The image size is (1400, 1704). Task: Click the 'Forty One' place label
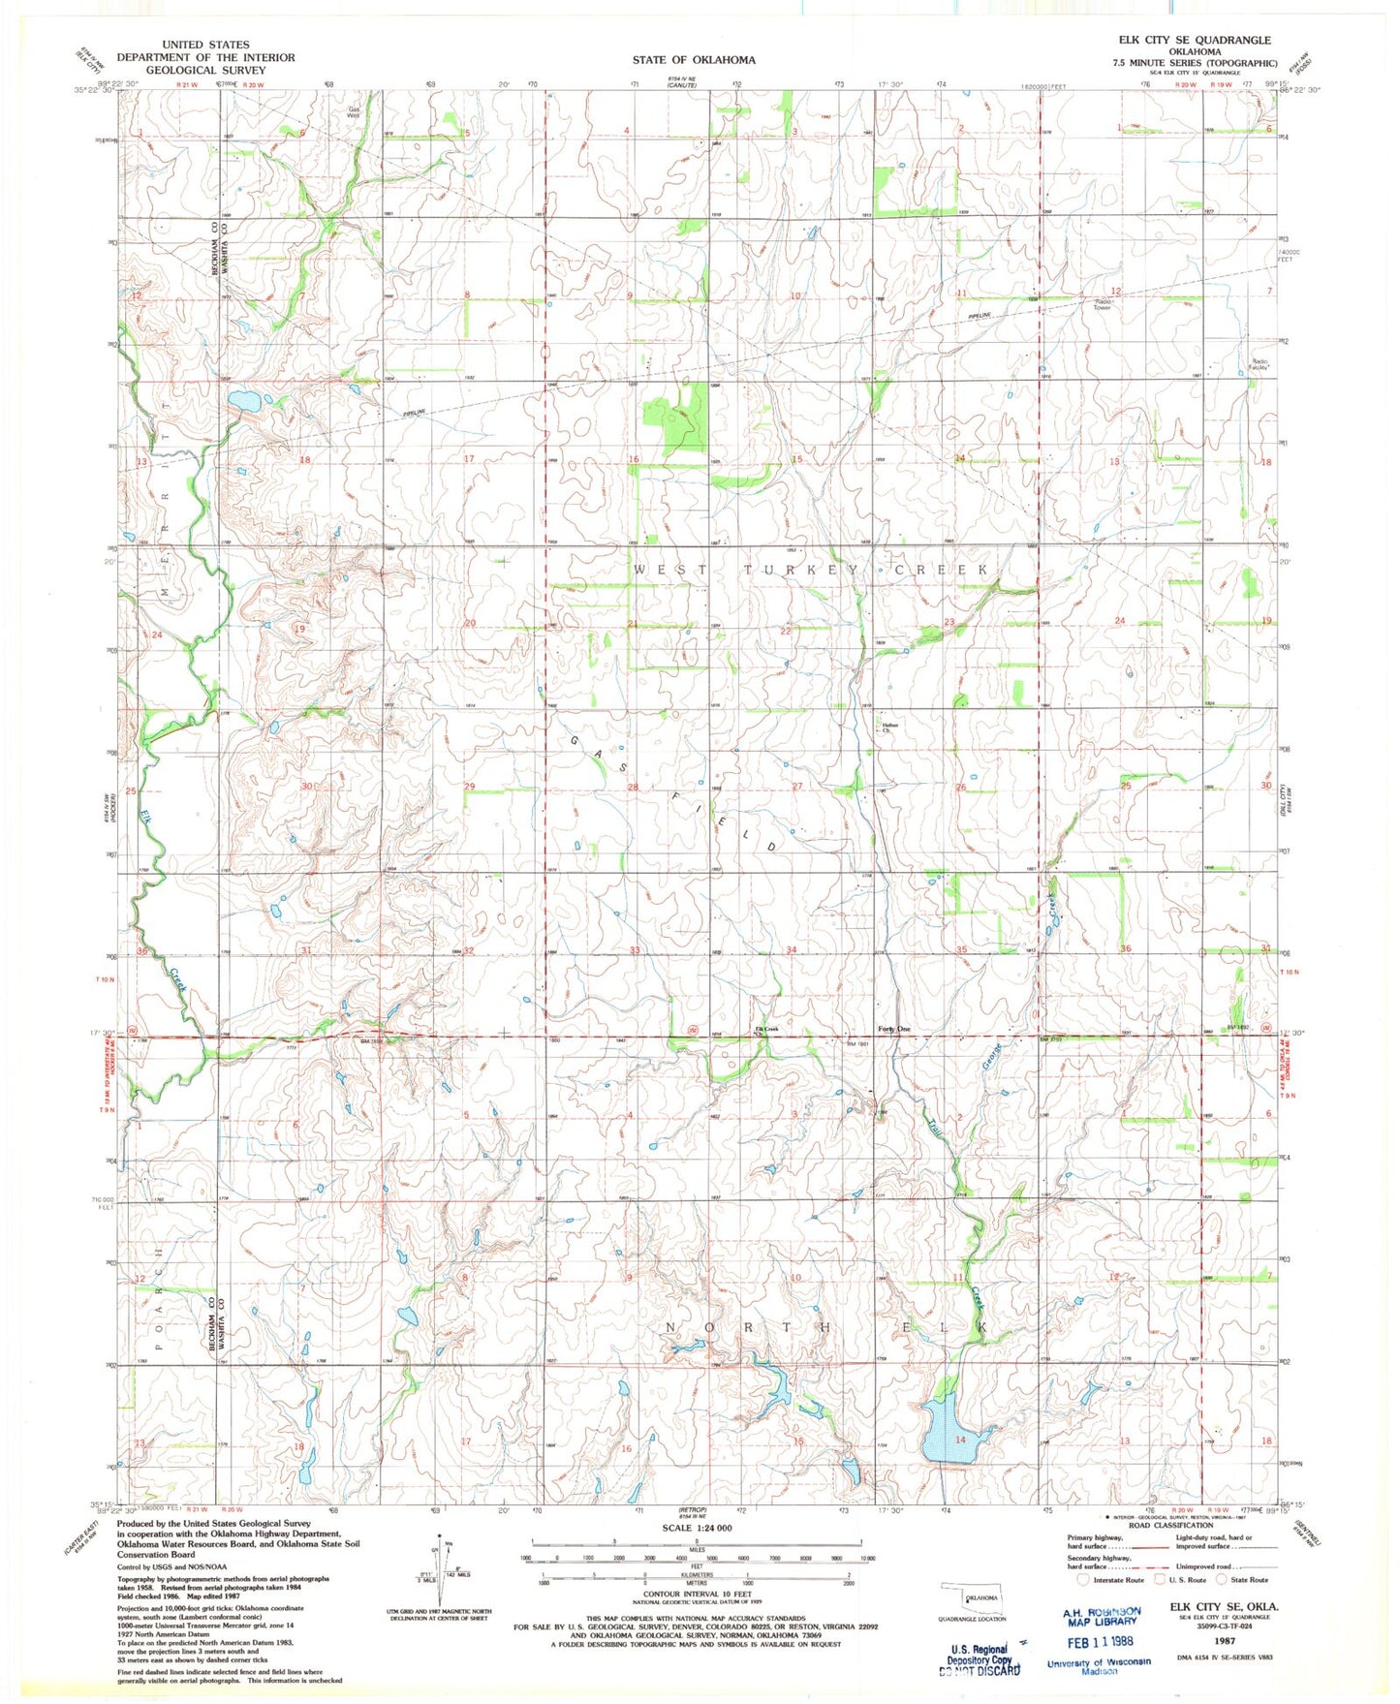[893, 1029]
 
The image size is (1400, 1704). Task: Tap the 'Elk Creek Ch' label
[766, 1030]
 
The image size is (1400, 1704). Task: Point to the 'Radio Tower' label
[1103, 304]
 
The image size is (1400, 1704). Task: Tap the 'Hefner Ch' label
[888, 728]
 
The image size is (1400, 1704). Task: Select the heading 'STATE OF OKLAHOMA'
[694, 60]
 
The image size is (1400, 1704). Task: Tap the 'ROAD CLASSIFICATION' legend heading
[1168, 1525]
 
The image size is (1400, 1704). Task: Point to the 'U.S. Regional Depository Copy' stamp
[982, 1657]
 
